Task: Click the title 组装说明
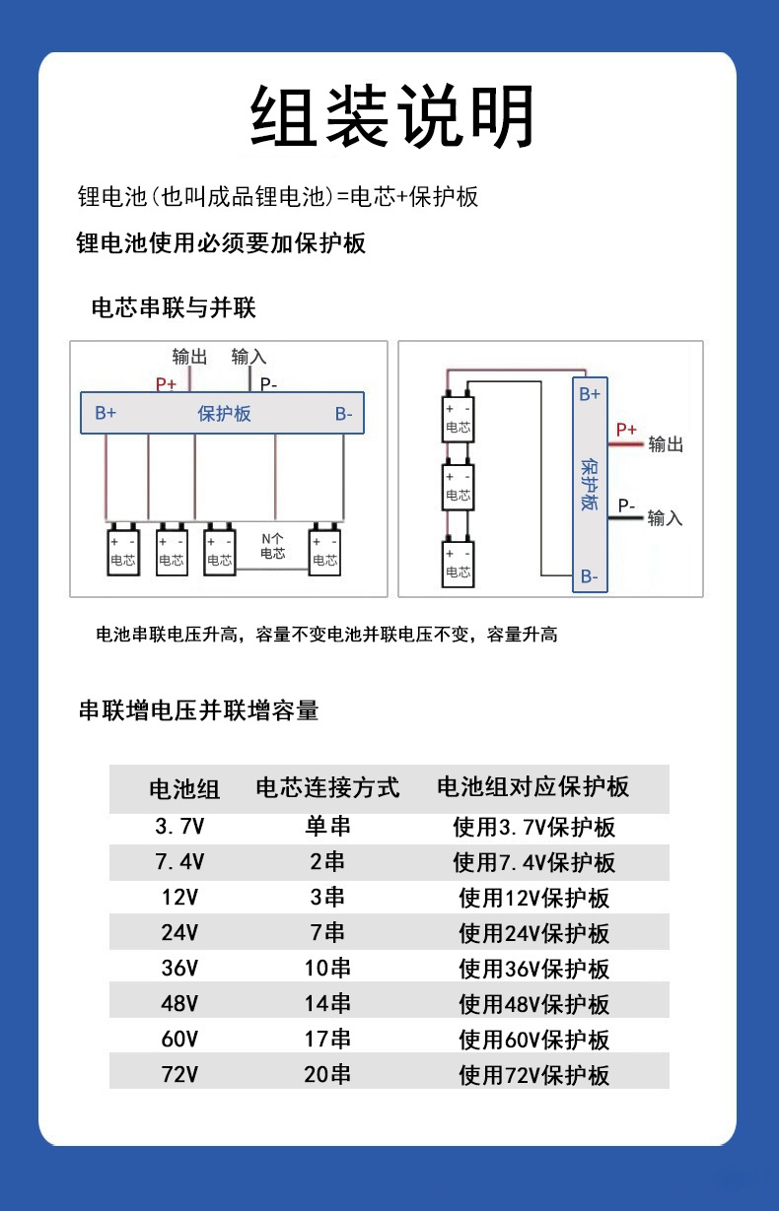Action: click(392, 116)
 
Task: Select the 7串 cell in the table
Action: click(327, 932)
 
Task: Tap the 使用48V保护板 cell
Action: click(534, 1004)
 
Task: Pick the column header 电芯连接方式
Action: click(327, 787)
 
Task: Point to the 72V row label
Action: click(179, 1074)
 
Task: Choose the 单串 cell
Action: click(327, 827)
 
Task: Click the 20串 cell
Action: click(327, 1074)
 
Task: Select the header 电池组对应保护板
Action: click(532, 786)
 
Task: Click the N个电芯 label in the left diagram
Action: click(272, 546)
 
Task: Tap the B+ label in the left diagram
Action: click(106, 414)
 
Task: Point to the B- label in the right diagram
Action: click(589, 577)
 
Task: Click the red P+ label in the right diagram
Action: click(626, 430)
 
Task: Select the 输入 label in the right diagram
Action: click(665, 518)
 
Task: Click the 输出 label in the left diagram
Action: click(189, 357)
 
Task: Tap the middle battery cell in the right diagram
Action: click(459, 487)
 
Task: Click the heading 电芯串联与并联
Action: click(174, 308)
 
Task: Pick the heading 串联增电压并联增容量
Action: click(198, 710)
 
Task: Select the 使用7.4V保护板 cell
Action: click(534, 862)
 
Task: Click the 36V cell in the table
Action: click(179, 968)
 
